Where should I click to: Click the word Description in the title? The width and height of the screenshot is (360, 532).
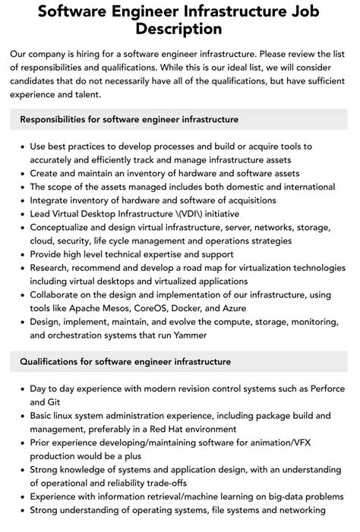pyautogui.click(x=180, y=30)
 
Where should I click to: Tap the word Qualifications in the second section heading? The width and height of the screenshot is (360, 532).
pyautogui.click(x=55, y=361)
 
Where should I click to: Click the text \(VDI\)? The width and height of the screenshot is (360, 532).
pyautogui.click(x=201, y=214)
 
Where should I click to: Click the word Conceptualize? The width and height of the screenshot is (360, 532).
pyautogui.click(x=65, y=228)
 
